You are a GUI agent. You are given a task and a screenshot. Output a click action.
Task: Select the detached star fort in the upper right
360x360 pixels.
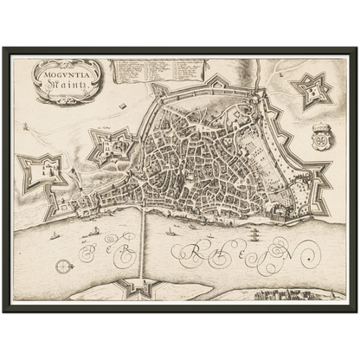312,87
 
